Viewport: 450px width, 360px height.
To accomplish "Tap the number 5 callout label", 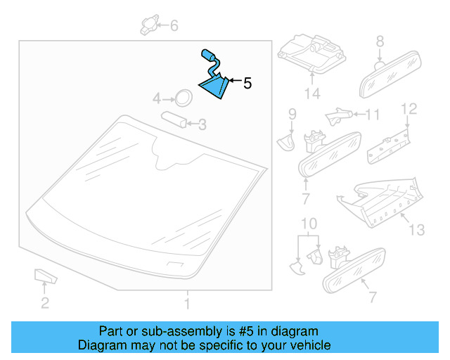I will [x=247, y=84].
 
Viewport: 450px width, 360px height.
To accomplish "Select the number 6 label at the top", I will [x=174, y=26].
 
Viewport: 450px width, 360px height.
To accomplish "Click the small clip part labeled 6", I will [x=148, y=25].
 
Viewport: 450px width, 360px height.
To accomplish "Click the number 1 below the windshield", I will [x=187, y=304].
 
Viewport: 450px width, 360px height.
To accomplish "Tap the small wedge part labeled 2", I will [x=43, y=274].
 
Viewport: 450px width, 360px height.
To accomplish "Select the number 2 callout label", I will [x=44, y=304].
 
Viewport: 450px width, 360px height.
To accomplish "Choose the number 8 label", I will [x=380, y=41].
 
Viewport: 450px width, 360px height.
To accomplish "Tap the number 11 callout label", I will [x=372, y=114].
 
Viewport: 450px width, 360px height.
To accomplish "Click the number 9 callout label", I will [x=292, y=113].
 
